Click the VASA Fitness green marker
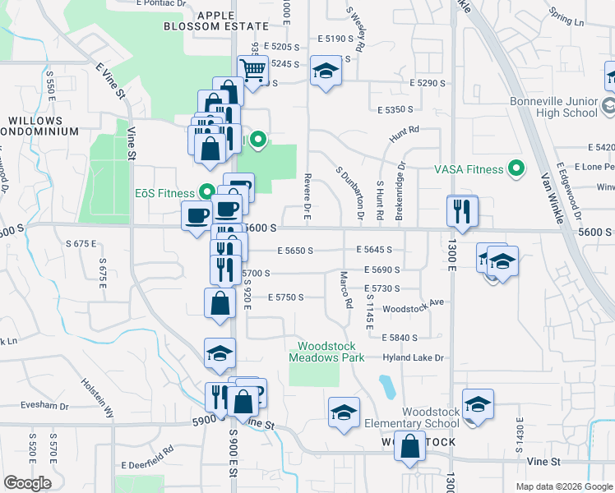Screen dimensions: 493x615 point(516,169)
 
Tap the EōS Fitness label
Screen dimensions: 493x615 point(164,193)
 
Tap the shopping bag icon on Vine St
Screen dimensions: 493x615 point(409,447)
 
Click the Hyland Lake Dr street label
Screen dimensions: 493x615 point(413,357)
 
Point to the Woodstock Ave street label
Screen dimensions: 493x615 point(414,302)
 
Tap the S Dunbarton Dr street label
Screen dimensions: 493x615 point(349,193)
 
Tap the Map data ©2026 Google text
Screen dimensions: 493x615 point(563,486)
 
